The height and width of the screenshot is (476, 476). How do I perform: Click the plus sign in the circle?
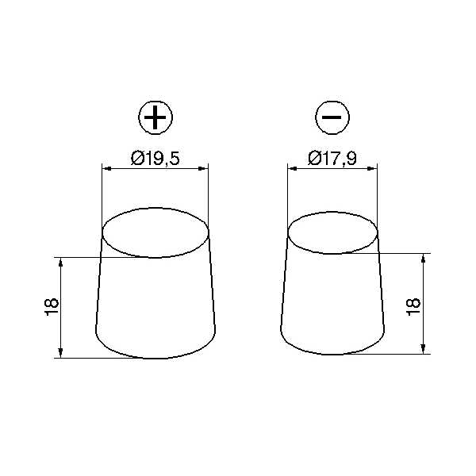point(155,117)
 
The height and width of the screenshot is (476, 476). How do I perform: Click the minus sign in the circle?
point(332,117)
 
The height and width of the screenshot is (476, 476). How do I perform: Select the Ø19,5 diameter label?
point(155,159)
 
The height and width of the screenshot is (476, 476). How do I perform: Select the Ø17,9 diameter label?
point(332,158)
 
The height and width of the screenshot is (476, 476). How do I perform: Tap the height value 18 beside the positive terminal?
point(52,307)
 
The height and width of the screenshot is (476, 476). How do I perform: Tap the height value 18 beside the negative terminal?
point(413,307)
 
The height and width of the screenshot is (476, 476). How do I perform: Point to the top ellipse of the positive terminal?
point(155,208)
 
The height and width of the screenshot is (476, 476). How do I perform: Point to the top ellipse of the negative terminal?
point(332,212)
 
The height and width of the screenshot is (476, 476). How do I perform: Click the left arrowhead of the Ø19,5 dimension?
point(107,168)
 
